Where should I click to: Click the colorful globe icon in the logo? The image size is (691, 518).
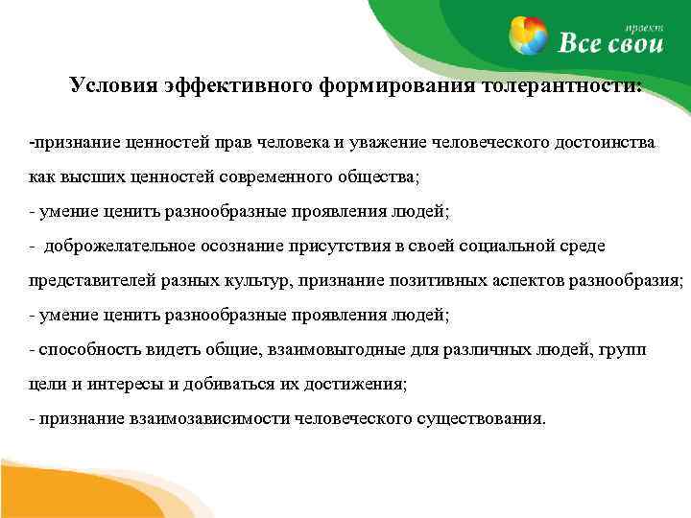click(531, 35)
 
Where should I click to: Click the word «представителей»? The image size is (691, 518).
click(83, 281)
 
